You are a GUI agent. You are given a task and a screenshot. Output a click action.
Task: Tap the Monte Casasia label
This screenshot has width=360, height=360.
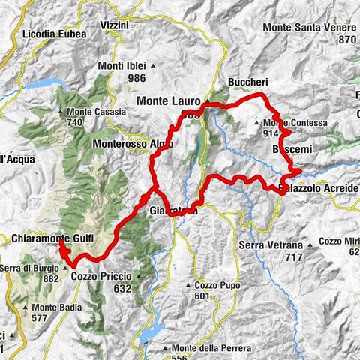click(x=95, y=112)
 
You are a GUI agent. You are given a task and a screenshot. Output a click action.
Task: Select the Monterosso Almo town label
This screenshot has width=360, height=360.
click(x=133, y=143)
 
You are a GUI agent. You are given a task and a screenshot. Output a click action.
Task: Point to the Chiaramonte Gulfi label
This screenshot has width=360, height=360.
click(x=50, y=238)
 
